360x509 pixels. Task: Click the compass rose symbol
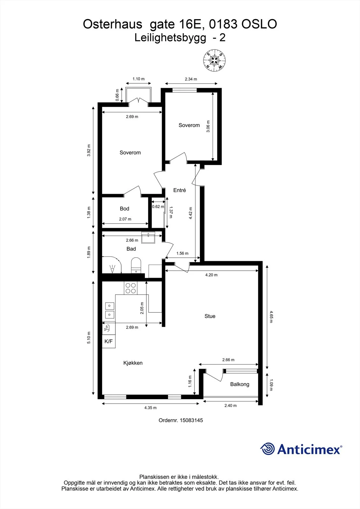pos(214,60)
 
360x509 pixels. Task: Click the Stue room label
pos(210,316)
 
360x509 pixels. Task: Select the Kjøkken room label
pos(133,363)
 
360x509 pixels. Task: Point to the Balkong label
pos(240,384)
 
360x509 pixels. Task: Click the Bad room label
pos(131,249)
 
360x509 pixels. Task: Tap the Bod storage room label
pos(124,209)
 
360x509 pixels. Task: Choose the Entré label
pos(180,190)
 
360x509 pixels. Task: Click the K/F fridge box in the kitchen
pos(109,341)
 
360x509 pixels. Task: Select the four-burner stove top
pos(131,288)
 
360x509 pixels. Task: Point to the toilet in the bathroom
pos(136,265)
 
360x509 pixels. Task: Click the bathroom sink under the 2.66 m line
pos(148,237)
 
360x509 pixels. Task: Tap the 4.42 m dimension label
pos(191,213)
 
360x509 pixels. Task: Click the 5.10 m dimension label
pos(89,338)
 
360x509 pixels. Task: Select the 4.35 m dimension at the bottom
pos(150,408)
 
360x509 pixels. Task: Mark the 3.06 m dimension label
pos(208,126)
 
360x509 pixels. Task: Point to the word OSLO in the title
pos(259,24)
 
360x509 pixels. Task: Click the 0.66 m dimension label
pos(117,95)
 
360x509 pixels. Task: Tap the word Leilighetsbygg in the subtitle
pos(170,38)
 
